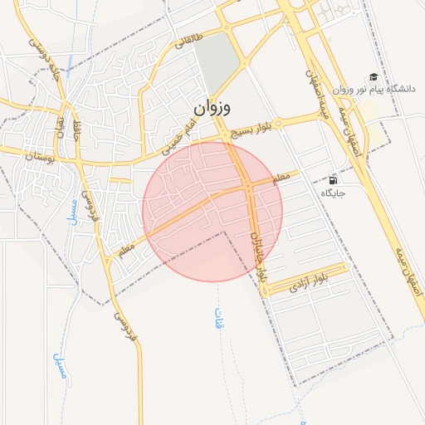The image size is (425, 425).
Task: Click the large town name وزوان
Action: (214, 109)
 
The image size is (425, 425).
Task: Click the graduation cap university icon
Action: (373, 76)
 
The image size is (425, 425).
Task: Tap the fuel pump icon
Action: (334, 179)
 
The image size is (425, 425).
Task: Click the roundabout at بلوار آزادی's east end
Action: (344, 267)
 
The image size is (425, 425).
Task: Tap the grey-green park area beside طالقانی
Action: (215, 62)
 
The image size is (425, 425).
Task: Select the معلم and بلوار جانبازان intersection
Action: (250, 188)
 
